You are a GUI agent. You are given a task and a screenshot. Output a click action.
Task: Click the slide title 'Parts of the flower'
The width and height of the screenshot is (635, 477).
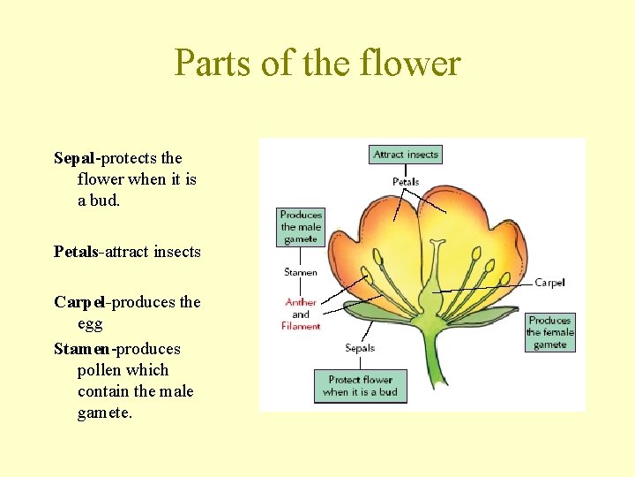(x=317, y=64)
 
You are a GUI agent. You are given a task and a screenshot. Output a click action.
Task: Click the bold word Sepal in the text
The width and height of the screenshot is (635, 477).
(x=75, y=158)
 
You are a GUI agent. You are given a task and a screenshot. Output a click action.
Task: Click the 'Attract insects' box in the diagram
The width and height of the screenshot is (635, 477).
(x=405, y=155)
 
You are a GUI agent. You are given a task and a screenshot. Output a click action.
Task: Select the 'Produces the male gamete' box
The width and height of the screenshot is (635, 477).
(x=301, y=227)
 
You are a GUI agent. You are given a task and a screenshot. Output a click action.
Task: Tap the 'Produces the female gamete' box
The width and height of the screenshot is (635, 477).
(x=550, y=333)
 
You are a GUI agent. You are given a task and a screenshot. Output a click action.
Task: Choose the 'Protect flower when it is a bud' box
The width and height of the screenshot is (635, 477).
(x=361, y=386)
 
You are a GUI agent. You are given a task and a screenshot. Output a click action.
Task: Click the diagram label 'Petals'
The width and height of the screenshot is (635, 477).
(x=406, y=182)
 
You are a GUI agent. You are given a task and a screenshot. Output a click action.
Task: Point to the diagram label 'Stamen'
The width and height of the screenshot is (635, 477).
(x=301, y=272)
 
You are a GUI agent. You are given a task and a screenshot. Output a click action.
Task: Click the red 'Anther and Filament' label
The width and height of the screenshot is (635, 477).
(x=301, y=314)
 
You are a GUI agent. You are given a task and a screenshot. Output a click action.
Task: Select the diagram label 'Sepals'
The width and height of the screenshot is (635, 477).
(x=360, y=348)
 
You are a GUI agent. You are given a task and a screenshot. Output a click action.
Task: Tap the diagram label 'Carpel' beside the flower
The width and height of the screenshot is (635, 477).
(x=549, y=283)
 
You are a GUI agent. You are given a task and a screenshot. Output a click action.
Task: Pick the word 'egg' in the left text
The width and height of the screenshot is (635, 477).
(x=90, y=324)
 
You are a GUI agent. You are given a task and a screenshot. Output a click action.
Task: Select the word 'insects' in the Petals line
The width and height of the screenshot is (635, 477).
(x=176, y=252)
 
